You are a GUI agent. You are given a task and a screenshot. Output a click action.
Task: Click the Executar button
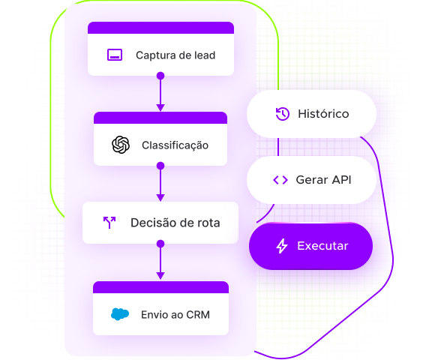[310, 246]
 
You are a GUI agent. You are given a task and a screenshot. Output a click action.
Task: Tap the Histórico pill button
[311, 114]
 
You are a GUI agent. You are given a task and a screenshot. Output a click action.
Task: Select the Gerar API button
[311, 180]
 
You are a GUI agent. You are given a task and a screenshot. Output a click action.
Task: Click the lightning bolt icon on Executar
[282, 246]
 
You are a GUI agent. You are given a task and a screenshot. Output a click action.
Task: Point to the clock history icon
[283, 114]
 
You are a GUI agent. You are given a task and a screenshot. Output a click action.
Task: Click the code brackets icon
[280, 180]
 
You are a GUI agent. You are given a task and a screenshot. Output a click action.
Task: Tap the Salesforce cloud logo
[120, 314]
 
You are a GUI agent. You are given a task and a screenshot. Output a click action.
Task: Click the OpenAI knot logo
[121, 145]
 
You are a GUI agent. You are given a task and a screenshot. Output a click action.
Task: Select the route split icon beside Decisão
[109, 223]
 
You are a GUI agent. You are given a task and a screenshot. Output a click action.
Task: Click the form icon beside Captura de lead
[115, 55]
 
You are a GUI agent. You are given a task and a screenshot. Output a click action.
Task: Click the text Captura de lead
[175, 55]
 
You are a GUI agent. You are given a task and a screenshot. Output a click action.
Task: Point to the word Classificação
[175, 145]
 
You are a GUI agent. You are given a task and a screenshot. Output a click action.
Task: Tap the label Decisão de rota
[175, 223]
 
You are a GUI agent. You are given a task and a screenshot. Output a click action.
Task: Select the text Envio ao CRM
[175, 315]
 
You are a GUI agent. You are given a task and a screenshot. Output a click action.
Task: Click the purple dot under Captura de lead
[160, 76]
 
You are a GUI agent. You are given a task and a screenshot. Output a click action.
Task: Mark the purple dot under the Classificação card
[160, 166]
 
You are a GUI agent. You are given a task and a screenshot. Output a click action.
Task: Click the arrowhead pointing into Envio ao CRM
[160, 275]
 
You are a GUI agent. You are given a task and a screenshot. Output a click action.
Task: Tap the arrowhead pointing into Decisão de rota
[160, 197]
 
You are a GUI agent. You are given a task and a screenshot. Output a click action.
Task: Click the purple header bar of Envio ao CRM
[160, 287]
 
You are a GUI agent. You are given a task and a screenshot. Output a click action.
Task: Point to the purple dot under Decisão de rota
[160, 244]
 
